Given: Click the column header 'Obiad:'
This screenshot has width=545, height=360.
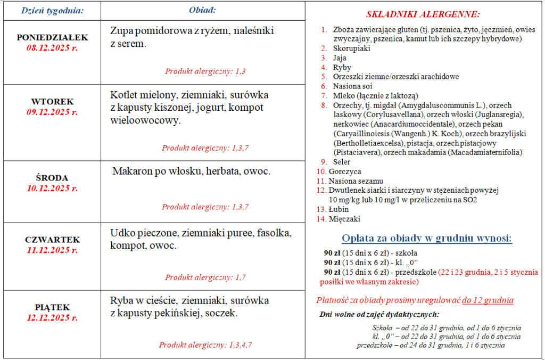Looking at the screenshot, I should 202,10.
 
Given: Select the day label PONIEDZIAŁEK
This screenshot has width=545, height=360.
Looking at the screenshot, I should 52,38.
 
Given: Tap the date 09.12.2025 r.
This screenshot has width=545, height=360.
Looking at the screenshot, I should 52,112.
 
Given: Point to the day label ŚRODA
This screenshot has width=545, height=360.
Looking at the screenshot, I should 52,178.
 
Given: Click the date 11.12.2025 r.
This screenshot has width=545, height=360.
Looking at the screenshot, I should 52,250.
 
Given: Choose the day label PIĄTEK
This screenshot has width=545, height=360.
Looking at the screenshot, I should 52,307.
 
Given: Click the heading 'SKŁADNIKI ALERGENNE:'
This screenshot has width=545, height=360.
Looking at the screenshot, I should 423,14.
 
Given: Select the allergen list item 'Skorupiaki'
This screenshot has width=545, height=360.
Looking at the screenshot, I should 351,48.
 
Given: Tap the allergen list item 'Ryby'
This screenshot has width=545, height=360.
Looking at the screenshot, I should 342,68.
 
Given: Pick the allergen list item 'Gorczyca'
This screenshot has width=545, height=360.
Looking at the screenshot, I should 345,171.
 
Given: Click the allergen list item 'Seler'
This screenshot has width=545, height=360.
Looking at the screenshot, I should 342,161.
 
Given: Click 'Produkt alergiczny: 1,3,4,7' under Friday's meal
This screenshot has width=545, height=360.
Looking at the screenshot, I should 205,345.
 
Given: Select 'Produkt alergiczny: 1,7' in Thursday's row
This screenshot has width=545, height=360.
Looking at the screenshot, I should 205,277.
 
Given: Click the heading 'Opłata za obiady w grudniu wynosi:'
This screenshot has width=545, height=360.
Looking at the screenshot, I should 427,238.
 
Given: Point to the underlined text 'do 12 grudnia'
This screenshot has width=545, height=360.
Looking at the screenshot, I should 488,300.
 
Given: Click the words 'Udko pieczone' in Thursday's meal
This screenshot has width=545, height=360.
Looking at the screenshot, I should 144,233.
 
